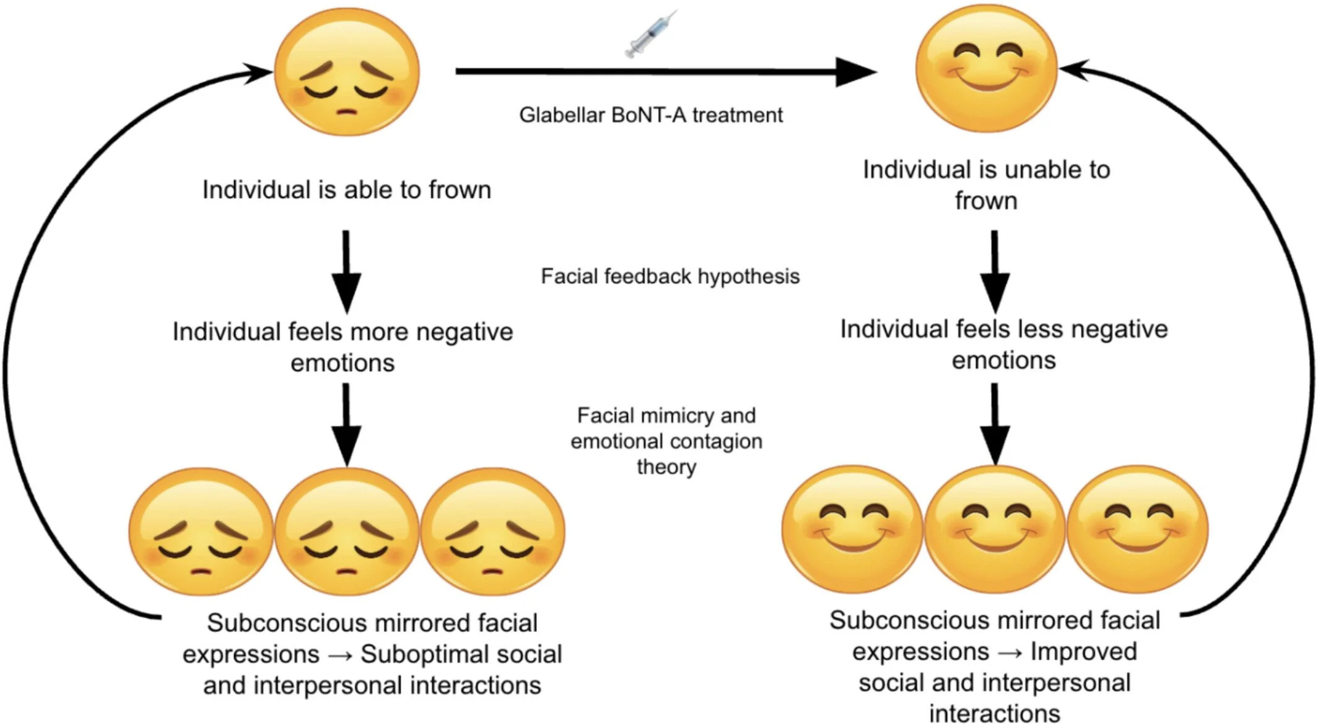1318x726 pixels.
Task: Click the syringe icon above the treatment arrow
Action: point(650,34)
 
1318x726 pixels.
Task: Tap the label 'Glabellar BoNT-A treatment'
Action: point(650,115)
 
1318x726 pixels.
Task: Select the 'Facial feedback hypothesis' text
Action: point(670,276)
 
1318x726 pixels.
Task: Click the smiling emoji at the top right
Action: point(987,69)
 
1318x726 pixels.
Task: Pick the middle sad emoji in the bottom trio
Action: point(347,531)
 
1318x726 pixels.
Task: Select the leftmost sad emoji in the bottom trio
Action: point(201,531)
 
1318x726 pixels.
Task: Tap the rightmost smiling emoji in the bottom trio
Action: point(1138,530)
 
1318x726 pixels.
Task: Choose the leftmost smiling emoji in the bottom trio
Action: point(852,530)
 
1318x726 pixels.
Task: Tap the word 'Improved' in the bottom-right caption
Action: point(1084,652)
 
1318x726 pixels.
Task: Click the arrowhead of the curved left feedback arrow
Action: point(257,72)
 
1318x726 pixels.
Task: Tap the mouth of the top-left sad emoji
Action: point(347,112)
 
